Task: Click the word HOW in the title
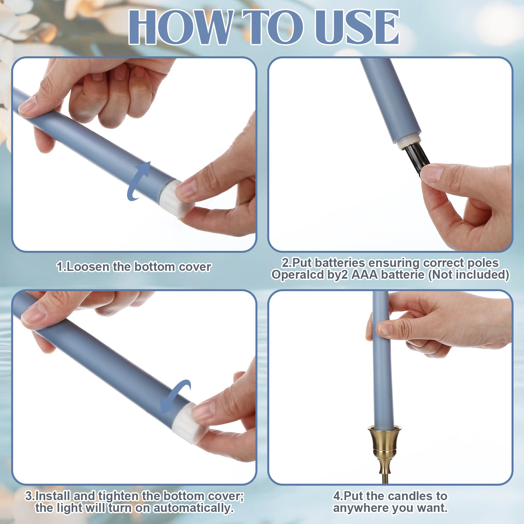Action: [180, 27]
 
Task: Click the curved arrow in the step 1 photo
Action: [138, 181]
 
